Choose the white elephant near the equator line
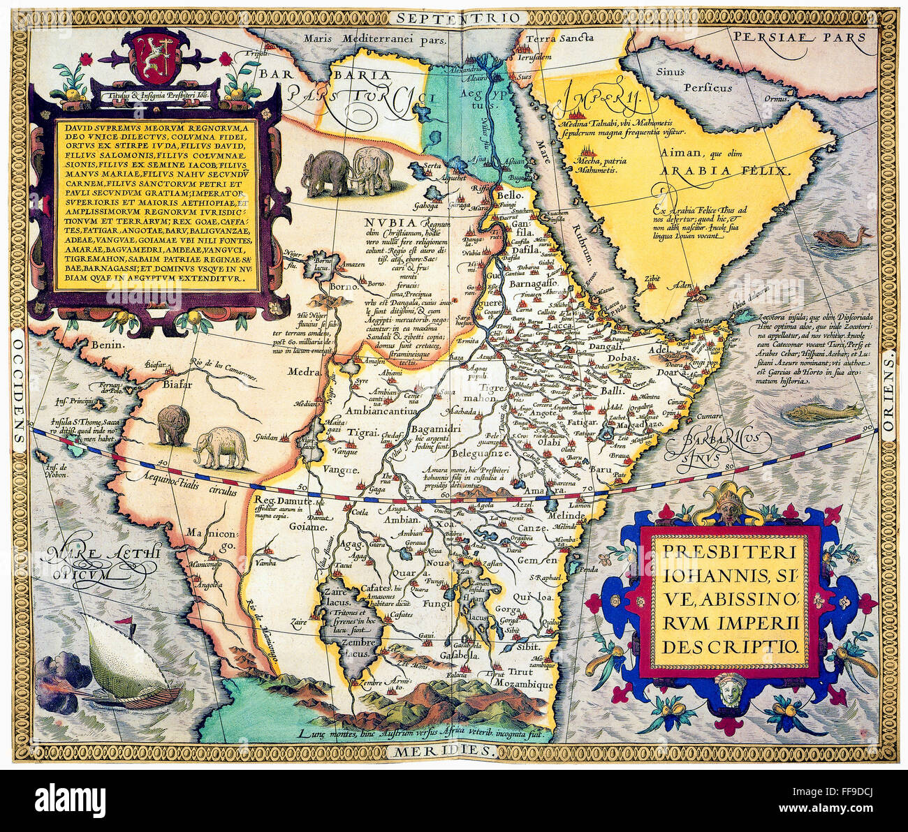tap(221, 449)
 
